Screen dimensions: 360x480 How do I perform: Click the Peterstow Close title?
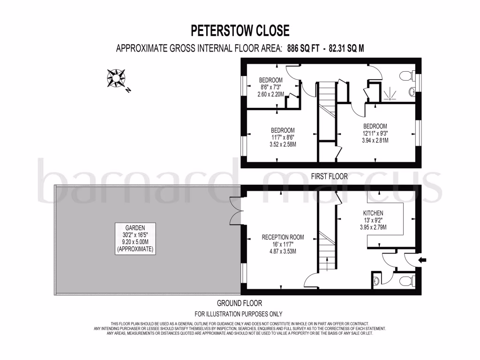tap(240, 31)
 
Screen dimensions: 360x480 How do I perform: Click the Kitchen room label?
tap(373, 213)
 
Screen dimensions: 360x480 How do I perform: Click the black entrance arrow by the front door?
tap(422, 260)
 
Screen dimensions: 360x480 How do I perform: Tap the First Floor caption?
tap(330, 177)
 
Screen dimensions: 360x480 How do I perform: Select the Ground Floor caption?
tap(240, 303)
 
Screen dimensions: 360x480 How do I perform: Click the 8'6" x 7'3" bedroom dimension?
tap(271, 87)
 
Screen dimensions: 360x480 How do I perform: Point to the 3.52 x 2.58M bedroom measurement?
tap(283, 144)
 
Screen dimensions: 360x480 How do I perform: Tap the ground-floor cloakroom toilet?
tap(403, 281)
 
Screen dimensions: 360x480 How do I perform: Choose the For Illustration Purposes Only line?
tap(239, 314)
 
